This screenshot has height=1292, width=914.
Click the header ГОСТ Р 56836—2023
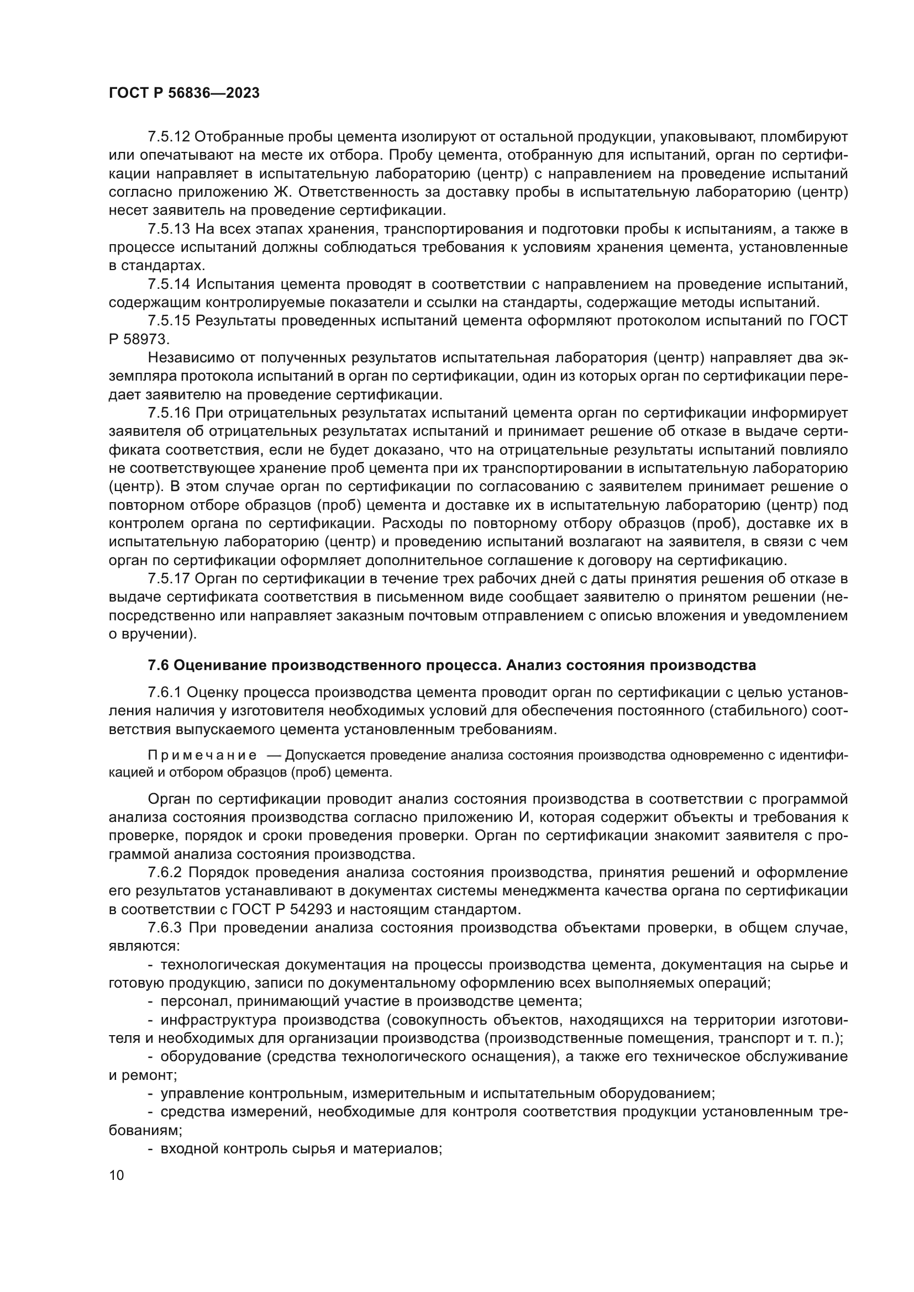184,93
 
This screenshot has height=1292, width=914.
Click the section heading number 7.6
157,666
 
